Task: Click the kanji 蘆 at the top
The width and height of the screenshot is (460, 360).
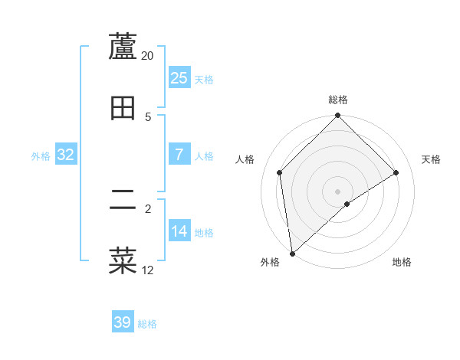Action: pos(123,47)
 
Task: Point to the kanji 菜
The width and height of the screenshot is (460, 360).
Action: pos(123,260)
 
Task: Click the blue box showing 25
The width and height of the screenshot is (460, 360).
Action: pos(179,78)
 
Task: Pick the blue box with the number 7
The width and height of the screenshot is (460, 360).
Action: pos(179,155)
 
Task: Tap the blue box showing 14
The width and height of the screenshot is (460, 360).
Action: pos(179,231)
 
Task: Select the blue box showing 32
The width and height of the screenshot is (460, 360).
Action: pos(66,155)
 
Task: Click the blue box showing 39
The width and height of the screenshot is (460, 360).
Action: pos(123,322)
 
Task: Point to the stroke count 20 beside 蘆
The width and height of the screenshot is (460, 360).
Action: pos(148,56)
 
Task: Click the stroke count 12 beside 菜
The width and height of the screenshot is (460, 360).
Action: pos(148,270)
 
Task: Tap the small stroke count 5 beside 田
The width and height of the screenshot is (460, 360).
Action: pos(148,117)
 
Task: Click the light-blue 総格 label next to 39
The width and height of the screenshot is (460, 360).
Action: pos(147,324)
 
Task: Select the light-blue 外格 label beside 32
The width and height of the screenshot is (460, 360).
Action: pos(41,156)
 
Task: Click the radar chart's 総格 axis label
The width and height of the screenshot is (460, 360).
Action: pos(338,100)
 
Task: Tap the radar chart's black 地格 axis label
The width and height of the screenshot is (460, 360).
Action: pos(402,263)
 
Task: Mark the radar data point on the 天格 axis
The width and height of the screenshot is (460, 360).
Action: pos(396,172)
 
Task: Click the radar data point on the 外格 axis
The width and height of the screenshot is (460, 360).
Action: pos(292,254)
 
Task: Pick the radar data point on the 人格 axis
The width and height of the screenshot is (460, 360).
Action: pos(280,172)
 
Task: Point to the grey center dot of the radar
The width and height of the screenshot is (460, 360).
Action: pos(338,191)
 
